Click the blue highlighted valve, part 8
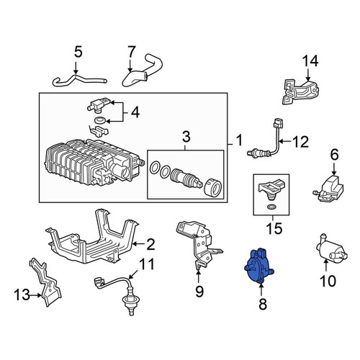[x=258, y=267]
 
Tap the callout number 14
[x=310, y=61]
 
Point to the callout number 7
[x=132, y=52]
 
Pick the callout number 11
[x=147, y=264]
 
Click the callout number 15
[x=275, y=228]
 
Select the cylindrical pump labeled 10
[x=331, y=250]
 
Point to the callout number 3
[x=186, y=137]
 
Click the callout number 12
[x=300, y=142]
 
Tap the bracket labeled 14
[x=301, y=92]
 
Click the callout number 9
[x=199, y=291]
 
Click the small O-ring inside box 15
[x=271, y=207]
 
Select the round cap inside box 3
[x=213, y=188]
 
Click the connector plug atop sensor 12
[x=278, y=124]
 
